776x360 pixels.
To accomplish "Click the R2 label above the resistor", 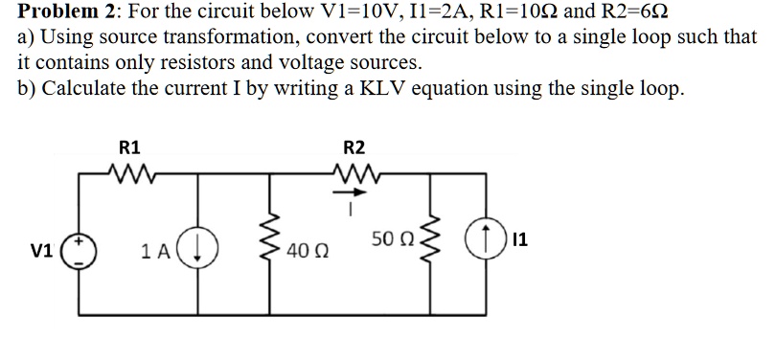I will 354,147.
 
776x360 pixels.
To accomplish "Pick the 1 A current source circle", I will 203,253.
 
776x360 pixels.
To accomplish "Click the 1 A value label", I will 158,254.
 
